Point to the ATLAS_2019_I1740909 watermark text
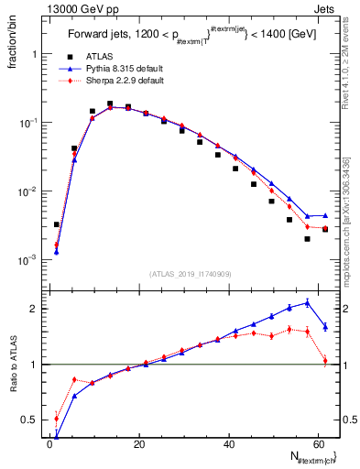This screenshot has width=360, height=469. point(191,274)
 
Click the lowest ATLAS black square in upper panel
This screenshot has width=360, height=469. point(307,239)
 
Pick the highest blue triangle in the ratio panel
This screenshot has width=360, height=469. point(307,301)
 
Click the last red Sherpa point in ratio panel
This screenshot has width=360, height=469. point(325,361)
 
